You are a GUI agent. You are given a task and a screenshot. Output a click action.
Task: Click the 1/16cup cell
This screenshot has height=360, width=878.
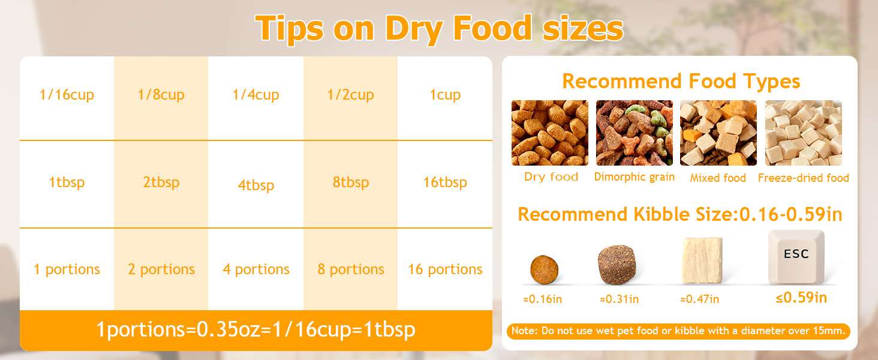(67, 98)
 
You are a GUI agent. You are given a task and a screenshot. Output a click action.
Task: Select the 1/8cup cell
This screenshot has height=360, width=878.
(161, 98)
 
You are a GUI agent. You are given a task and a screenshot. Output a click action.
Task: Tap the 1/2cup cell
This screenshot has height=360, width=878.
(350, 98)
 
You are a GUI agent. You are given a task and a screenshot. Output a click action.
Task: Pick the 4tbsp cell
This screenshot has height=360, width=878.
(255, 184)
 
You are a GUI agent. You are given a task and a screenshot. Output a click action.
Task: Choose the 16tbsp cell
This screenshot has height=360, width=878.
(445, 184)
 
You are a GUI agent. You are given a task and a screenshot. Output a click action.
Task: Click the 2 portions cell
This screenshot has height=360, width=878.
(161, 269)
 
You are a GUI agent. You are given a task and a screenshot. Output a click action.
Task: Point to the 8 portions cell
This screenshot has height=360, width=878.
(350, 269)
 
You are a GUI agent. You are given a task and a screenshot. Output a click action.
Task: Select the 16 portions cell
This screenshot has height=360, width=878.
(445, 269)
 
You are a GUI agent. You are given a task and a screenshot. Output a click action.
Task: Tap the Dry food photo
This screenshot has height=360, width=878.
(549, 133)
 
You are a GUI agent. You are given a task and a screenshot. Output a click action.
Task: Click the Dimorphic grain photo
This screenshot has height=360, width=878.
(634, 133)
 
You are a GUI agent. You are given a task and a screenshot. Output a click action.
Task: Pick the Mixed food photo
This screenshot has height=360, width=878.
(718, 133)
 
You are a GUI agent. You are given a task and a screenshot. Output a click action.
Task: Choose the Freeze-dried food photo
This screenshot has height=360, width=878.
(804, 133)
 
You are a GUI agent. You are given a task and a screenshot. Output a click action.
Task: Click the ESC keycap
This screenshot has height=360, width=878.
(796, 257)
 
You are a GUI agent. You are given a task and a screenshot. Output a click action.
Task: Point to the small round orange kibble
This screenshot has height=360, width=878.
(544, 269)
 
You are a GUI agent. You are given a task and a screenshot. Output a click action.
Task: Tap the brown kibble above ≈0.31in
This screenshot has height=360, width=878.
(617, 265)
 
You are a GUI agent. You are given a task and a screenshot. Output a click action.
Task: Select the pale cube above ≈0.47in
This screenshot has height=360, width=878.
(702, 260)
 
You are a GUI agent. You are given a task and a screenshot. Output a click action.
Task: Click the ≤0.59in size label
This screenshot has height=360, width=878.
(801, 298)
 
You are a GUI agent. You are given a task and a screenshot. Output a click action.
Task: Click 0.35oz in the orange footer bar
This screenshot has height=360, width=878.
(228, 329)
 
